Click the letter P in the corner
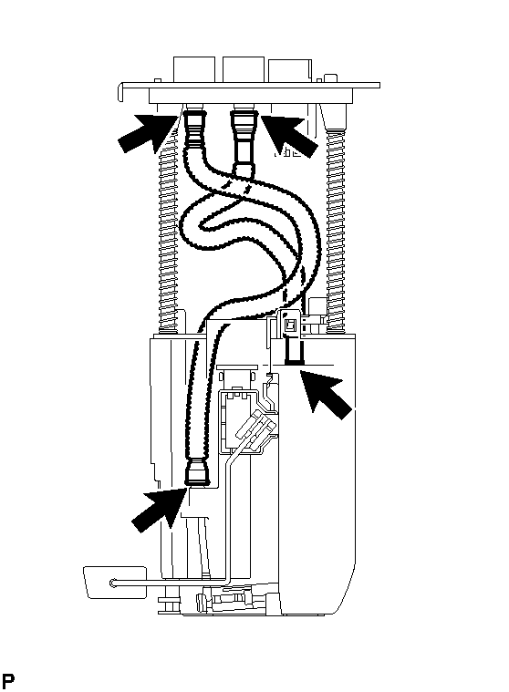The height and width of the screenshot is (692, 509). coord(8,680)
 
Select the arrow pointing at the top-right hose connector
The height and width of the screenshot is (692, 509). coord(289,134)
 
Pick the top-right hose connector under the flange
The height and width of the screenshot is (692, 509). coord(244,139)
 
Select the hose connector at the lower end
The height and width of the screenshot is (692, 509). coord(196,472)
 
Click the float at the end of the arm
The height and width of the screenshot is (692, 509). coord(115,582)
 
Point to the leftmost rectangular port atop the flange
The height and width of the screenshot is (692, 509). coord(194,69)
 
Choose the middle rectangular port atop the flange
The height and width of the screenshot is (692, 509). coord(244,69)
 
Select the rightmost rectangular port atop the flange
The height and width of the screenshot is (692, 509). coord(290,70)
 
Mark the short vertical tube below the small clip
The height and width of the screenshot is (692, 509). coord(294,352)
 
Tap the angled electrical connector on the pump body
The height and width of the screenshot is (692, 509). coord(256,429)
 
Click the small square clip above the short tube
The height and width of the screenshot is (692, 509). coord(289,325)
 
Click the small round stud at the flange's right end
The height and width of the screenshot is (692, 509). coord(330,78)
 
